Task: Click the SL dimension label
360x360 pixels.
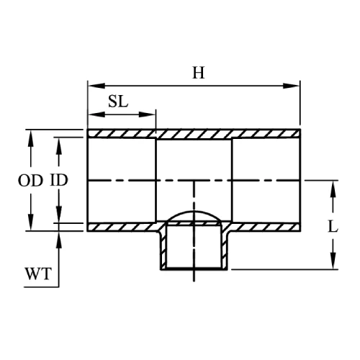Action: tap(118, 101)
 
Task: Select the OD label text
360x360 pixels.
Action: tap(31, 180)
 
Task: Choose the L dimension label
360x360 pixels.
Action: tap(333, 226)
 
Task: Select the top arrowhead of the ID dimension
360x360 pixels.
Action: tap(59, 144)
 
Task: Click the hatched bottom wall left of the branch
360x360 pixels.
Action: tap(122, 228)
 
